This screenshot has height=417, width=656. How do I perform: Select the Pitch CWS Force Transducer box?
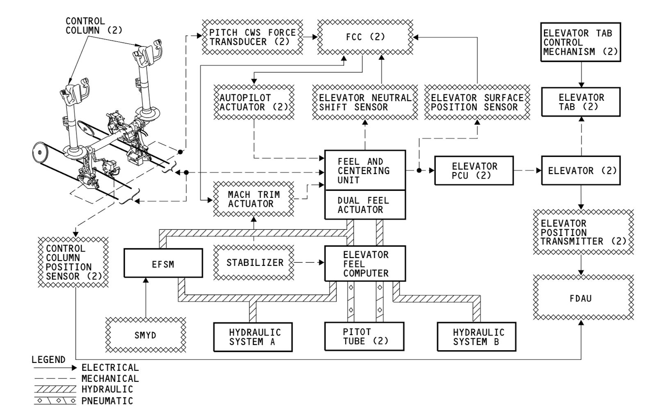(x=253, y=37)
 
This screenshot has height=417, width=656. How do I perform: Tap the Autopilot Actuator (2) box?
(x=254, y=102)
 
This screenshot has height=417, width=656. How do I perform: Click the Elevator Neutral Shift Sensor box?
(x=365, y=102)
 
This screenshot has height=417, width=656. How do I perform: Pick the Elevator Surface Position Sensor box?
(x=477, y=102)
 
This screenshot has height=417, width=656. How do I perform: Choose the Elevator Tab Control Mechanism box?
(x=580, y=42)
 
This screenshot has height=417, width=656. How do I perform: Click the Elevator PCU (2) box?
(x=474, y=171)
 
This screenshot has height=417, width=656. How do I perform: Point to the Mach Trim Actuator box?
(x=254, y=199)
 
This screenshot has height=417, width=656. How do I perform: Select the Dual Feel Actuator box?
(x=365, y=205)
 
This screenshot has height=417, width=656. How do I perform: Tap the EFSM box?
(x=163, y=264)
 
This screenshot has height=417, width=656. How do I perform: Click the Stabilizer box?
(x=254, y=263)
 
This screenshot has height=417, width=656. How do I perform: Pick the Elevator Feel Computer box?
(x=365, y=264)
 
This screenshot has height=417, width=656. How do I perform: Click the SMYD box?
(x=146, y=335)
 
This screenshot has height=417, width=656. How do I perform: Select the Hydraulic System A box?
(x=253, y=337)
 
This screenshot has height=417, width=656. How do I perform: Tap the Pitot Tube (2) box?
(x=364, y=337)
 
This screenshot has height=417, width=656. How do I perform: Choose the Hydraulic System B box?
(x=476, y=337)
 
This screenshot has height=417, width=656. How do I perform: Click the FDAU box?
(x=583, y=298)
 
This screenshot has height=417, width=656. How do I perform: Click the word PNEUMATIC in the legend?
(x=107, y=401)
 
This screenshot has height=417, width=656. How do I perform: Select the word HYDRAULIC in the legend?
(x=107, y=390)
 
